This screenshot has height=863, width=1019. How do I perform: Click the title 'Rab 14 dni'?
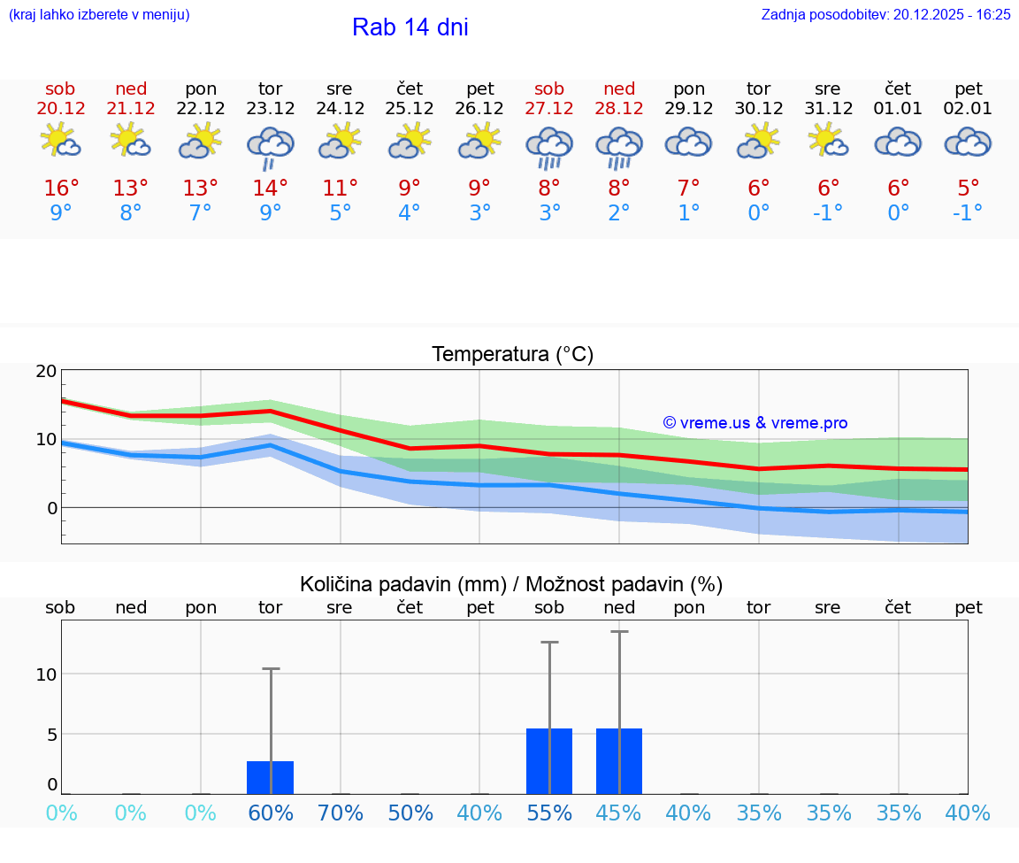pos(410,27)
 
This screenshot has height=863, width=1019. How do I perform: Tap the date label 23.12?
pos(270,109)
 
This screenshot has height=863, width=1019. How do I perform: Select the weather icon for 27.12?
pos(549,145)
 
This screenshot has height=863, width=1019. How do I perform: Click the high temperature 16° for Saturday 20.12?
pos(61,189)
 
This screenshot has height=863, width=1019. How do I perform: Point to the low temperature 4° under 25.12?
pos(410,212)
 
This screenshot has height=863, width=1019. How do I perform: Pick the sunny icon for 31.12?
pos(828,142)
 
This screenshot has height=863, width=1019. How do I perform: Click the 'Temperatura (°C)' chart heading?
pos(512,355)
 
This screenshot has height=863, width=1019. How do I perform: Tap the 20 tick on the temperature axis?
pos(46,371)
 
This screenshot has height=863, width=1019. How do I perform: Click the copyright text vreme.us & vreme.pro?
pos(755,423)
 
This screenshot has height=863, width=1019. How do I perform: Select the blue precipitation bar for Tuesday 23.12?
pos(270,777)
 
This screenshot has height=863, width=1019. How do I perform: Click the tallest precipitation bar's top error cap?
pos(619,632)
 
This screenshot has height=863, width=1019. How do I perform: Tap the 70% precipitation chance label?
pos(340,813)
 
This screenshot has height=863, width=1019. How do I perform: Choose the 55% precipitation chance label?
pos(549,813)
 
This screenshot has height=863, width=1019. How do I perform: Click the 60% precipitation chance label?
pos(270,813)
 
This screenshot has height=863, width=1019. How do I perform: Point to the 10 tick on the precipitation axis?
pos(46,674)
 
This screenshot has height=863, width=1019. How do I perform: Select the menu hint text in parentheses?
pos(99,15)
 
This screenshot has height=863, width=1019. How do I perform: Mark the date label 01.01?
pos(898,109)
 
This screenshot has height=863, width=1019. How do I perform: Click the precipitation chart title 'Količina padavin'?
pos(510,584)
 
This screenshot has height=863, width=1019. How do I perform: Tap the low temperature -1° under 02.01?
pos(968,212)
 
